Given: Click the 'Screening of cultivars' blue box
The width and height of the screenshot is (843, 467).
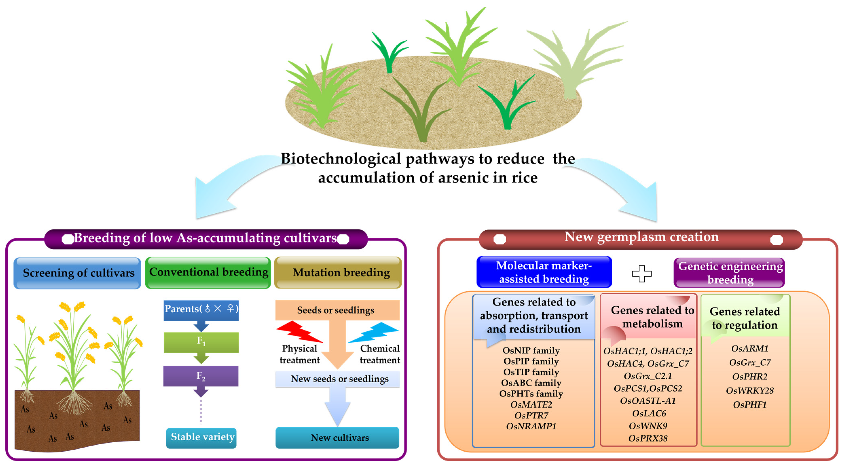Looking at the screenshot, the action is [77, 273].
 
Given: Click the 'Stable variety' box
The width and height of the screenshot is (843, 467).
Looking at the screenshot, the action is [201, 437].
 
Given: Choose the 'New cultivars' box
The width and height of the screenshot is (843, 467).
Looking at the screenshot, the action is [337, 437].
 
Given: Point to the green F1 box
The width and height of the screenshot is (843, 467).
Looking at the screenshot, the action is [201, 342].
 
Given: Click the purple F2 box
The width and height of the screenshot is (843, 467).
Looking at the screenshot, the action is [201, 376].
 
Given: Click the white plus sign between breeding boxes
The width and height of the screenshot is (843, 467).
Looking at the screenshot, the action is [642, 273].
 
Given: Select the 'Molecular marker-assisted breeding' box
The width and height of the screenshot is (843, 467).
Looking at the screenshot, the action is [544, 272].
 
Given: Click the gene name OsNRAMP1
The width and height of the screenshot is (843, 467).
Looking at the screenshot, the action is [531, 426].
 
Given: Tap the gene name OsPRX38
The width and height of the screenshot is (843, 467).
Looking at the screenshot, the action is [648, 438].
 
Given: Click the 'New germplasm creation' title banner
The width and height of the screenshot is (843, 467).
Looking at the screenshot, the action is [641, 239].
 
